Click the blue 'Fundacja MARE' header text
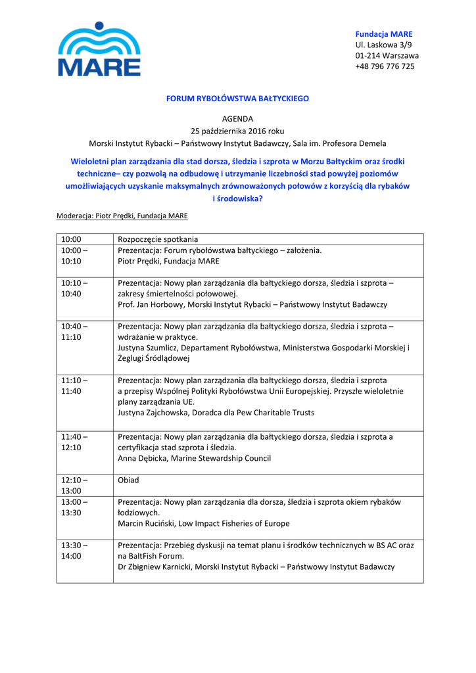point(384,34)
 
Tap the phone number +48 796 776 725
point(385,66)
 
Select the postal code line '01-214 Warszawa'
point(387,56)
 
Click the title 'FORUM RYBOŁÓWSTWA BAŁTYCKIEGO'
point(237,99)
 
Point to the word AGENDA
point(237,119)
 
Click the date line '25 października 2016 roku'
point(237,131)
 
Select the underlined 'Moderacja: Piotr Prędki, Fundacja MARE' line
point(122,216)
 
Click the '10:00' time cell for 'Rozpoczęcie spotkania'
point(71,239)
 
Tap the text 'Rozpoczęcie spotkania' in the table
point(158,239)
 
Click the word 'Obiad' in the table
point(128,480)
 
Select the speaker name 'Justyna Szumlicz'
point(147,348)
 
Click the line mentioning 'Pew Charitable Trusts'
point(216,413)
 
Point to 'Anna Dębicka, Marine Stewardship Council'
point(194,459)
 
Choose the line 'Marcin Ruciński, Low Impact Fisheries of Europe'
point(203,524)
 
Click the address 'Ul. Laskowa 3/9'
point(384,45)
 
